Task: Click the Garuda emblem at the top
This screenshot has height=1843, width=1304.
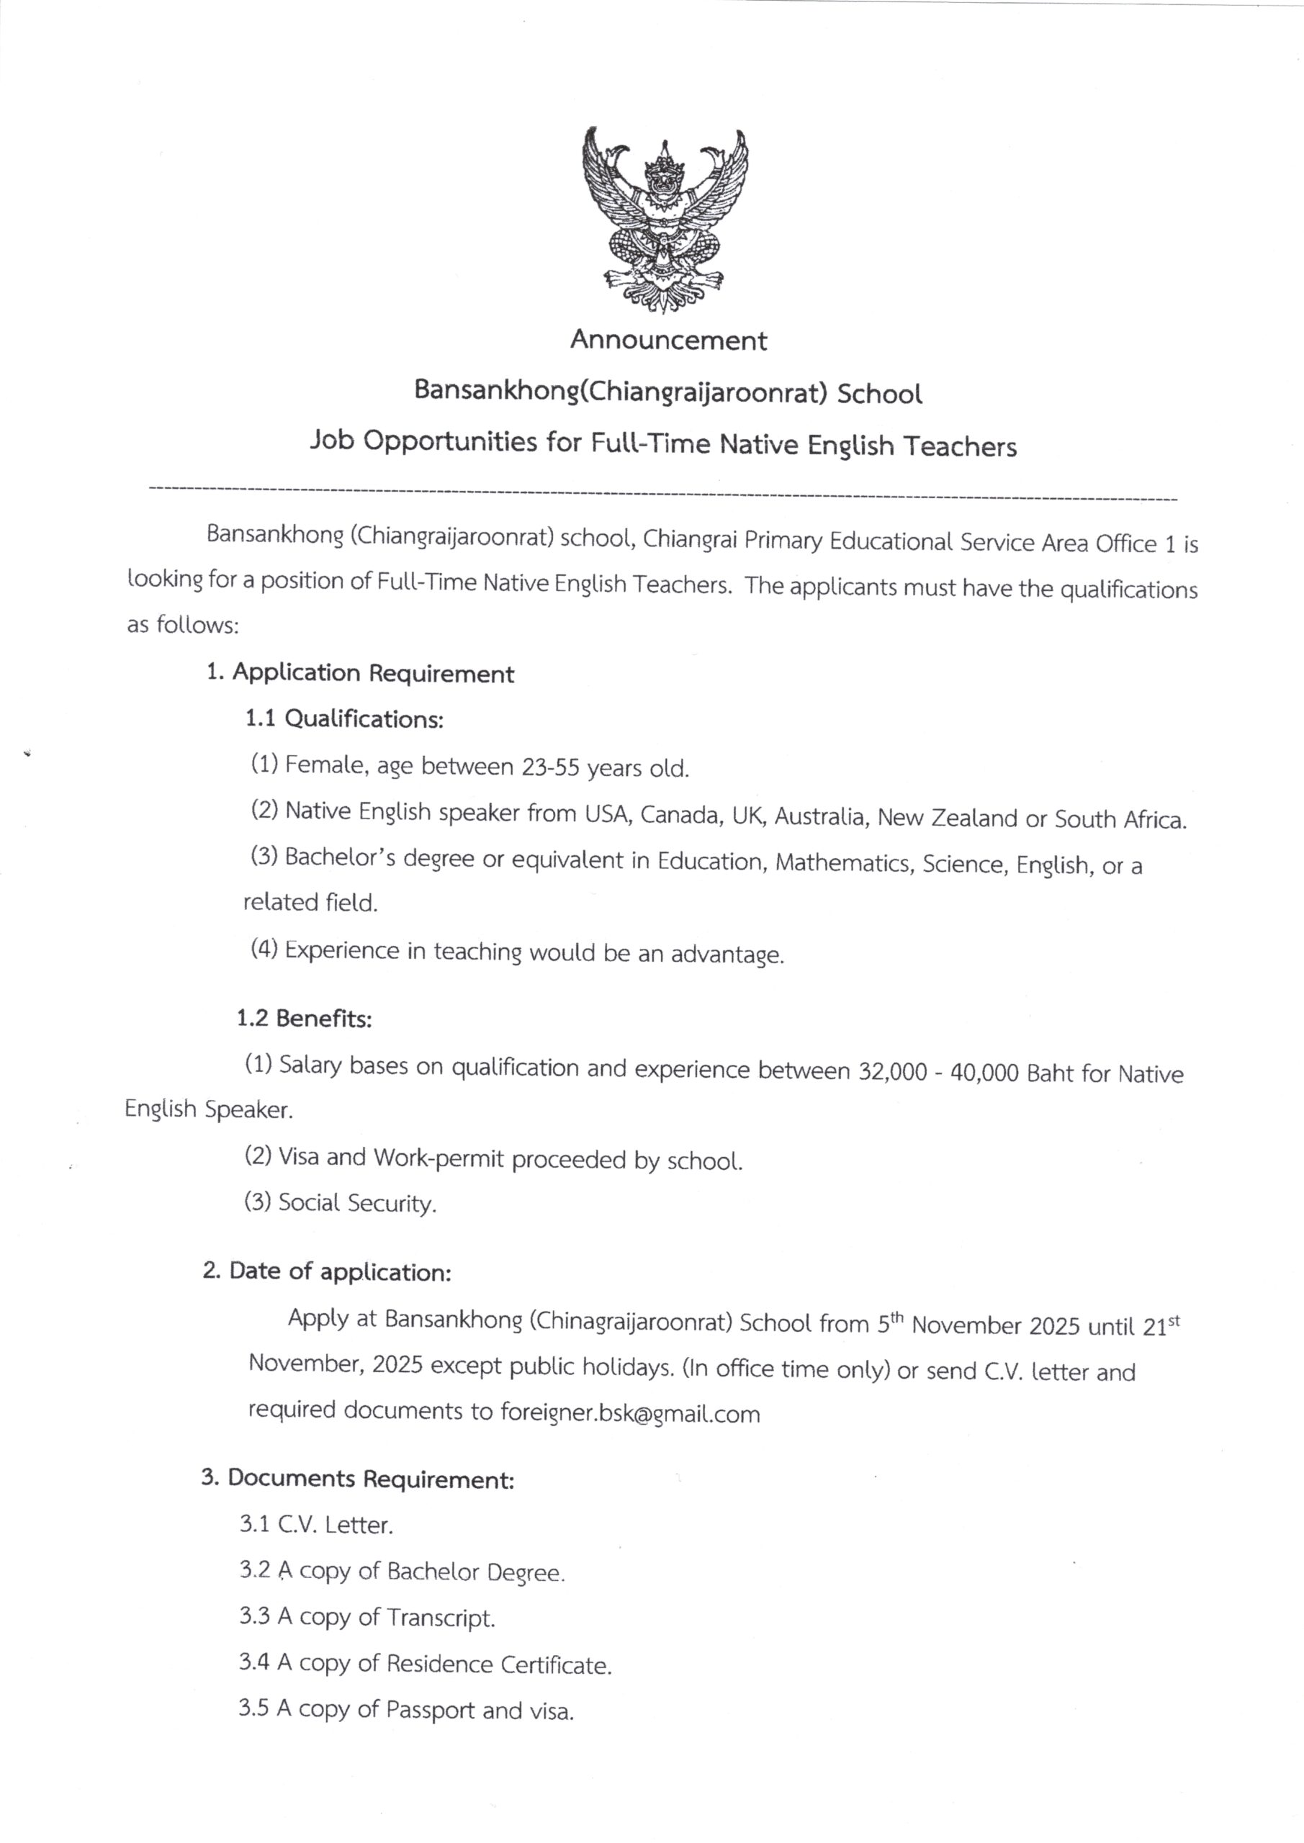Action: [x=664, y=218]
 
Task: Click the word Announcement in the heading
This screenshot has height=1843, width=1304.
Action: [x=668, y=341]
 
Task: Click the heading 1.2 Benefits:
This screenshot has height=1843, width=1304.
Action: [x=305, y=1019]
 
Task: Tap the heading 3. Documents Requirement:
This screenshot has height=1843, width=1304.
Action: [x=357, y=1479]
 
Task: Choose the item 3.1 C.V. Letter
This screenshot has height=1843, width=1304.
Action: [x=315, y=1524]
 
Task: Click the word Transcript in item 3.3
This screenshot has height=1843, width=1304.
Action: [x=440, y=1618]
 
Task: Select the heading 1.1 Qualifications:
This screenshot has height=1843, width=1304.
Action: [x=344, y=718]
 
